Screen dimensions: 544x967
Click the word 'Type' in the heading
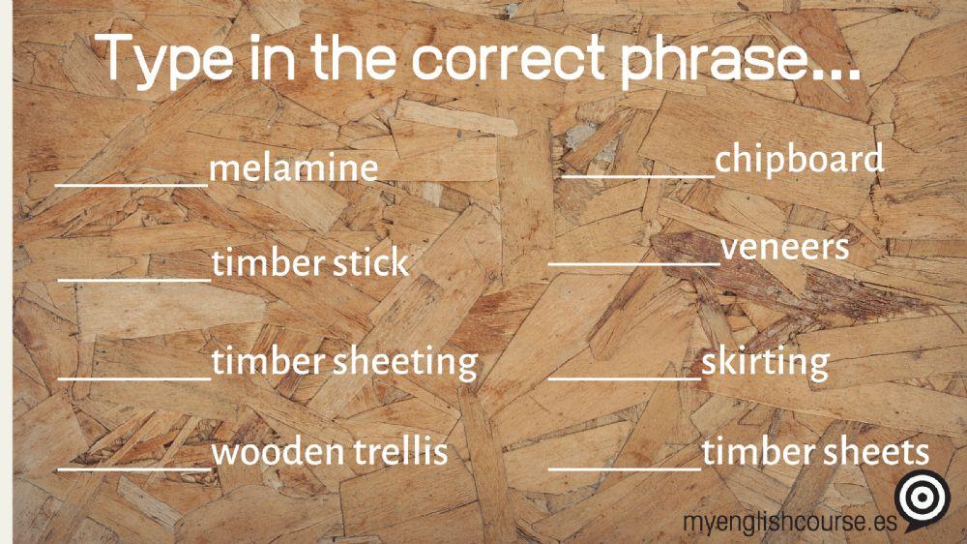pyautogui.click(x=170, y=60)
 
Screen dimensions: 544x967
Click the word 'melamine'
pyautogui.click(x=293, y=168)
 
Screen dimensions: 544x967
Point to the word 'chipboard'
pyautogui.click(x=799, y=159)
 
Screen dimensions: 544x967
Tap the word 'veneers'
pyautogui.click(x=784, y=248)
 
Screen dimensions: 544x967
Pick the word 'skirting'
pyautogui.click(x=765, y=362)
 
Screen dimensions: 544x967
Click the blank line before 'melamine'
pyautogui.click(x=132, y=182)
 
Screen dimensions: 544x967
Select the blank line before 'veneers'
pyautogui.click(x=633, y=262)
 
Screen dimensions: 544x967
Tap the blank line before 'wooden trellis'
pyautogui.click(x=134, y=469)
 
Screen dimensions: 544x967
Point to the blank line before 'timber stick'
pyautogui.click(x=134, y=279)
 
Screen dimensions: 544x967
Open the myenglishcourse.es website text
pyautogui.click(x=788, y=522)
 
